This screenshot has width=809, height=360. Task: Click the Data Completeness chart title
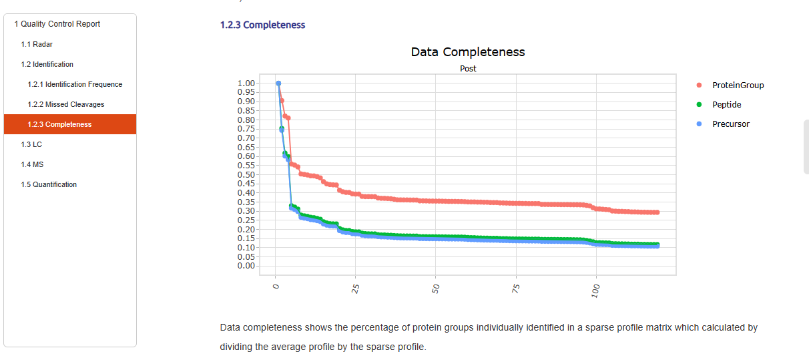tap(468, 52)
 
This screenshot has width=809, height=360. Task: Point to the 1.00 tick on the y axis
tap(246, 83)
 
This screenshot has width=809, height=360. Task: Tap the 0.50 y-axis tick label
tap(246, 175)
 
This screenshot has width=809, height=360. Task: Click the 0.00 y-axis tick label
tap(246, 266)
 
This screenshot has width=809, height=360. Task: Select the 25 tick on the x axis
tap(356, 289)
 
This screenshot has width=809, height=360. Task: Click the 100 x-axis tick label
tap(596, 291)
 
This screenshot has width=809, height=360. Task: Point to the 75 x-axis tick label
tap(516, 289)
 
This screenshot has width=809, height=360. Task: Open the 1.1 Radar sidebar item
tap(37, 44)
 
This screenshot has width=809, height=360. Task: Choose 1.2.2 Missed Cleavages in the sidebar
tap(66, 104)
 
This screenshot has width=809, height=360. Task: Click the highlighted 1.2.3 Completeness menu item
tap(59, 124)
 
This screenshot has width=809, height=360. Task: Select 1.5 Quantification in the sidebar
tap(49, 184)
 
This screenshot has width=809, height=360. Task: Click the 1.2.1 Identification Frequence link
tap(75, 84)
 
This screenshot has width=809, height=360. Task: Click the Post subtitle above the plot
tap(468, 69)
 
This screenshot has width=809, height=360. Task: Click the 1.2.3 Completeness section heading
tap(262, 25)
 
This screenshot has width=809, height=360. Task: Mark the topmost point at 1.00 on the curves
tap(278, 83)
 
